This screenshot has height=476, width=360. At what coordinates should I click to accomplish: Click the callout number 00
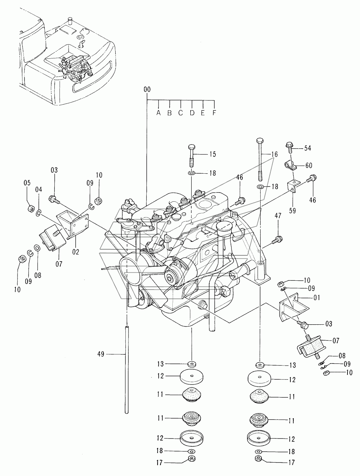(147, 89)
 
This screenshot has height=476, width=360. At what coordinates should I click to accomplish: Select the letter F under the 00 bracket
(214, 113)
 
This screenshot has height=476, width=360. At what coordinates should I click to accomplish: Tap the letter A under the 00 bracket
(159, 113)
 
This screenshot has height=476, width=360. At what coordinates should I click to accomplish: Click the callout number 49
(101, 354)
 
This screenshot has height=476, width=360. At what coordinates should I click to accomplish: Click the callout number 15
(213, 154)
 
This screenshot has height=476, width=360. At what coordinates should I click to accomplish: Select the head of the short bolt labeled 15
(192, 147)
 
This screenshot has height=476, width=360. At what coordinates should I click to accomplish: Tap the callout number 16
(274, 154)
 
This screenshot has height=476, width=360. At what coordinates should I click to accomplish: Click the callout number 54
(308, 148)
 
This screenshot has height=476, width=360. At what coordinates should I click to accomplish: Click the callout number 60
(309, 166)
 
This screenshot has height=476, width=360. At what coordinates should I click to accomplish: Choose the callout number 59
(292, 210)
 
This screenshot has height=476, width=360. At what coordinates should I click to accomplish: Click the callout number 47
(278, 216)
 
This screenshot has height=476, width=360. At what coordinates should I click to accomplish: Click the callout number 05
(27, 183)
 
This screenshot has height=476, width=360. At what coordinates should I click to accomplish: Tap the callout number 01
(317, 298)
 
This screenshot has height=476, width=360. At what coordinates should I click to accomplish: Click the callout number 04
(39, 190)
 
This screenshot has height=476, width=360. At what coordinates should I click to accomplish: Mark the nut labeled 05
(31, 208)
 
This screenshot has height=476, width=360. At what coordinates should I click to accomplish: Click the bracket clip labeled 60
(291, 166)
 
